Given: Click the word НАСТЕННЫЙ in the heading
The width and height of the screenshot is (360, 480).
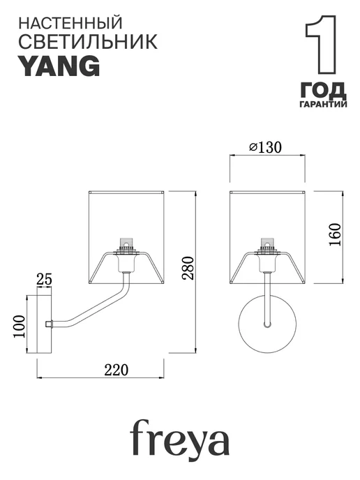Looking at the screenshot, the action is pos(70,24).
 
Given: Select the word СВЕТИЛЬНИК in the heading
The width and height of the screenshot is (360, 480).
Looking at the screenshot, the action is pos(88,42).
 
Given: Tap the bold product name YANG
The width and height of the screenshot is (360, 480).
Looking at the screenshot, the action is pos(60,66).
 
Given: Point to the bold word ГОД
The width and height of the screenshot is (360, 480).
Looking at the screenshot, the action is pos(323,90).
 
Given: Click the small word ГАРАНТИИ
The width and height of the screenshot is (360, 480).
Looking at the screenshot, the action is pos(323,105).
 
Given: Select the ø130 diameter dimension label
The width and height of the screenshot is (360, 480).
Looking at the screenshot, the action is pos(265,147).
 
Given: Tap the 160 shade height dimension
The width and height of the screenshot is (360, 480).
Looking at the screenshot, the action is pos(335,234).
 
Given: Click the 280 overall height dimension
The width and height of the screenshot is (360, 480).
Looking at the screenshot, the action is pos(188,268).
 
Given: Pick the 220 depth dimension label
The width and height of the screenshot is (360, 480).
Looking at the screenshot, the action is pos(117,370).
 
